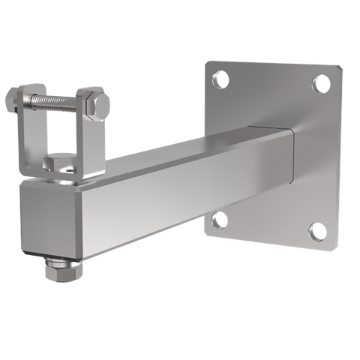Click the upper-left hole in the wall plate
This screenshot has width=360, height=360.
pos(221,77)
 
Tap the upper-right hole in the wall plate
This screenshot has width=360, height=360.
pos(320,82)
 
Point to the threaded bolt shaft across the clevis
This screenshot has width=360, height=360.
pos(56,99)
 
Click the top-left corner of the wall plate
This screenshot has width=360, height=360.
pos(207,60)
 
